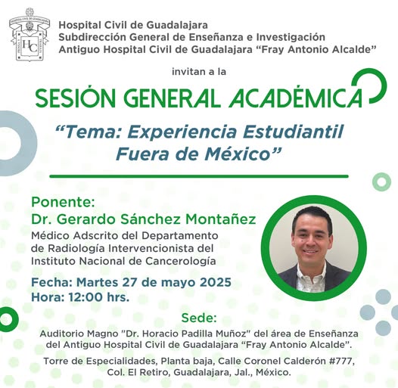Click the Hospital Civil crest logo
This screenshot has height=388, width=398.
click(x=30, y=34)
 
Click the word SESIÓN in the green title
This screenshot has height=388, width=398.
click(x=76, y=98)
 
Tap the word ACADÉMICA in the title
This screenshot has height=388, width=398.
click(x=295, y=98)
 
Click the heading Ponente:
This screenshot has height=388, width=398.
click(x=63, y=202)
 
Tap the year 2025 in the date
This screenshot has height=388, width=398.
click(x=216, y=282)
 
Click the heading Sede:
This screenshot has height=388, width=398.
click(x=199, y=318)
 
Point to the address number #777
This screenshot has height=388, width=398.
click(x=341, y=361)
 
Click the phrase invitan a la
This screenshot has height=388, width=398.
click(x=199, y=72)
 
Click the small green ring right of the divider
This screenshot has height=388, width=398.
click(x=381, y=182)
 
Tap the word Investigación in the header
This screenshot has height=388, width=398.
click(x=291, y=37)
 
